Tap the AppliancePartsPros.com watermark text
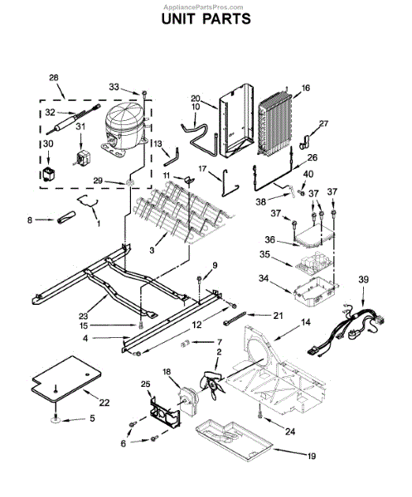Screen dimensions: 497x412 pos(206,4)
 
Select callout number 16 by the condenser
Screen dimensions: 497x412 pos(306,87)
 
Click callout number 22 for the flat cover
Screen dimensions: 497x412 pos(104,403)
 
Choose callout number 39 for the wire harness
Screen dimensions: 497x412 pos(362,281)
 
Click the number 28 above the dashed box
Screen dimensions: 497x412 pos(54,77)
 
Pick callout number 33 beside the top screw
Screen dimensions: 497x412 pos(114,85)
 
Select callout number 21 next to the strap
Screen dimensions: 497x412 pos(278,316)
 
